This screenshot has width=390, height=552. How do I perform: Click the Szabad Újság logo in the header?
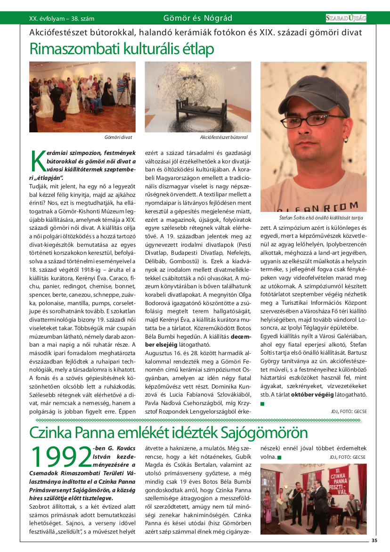pyautogui.click(x=346, y=18)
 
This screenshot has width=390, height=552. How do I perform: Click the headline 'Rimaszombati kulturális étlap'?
pyautogui.click(x=122, y=49)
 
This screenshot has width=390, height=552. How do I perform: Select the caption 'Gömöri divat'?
pyautogui.click(x=118, y=137)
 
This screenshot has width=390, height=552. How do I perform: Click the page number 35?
pyautogui.click(x=374, y=540)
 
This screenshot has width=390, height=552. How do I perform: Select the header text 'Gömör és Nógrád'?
pyautogui.click(x=197, y=18)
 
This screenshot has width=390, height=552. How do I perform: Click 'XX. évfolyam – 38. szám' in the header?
pyautogui.click(x=62, y=19)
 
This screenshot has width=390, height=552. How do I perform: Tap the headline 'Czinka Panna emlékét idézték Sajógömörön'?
pyautogui.click(x=168, y=432)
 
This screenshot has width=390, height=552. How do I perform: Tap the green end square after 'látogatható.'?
pyautogui.click(x=262, y=404)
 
